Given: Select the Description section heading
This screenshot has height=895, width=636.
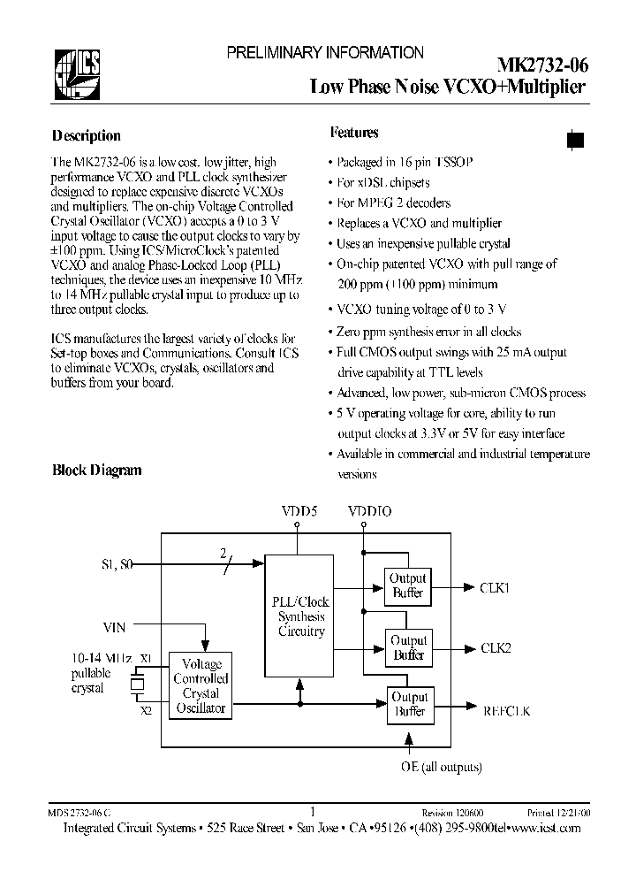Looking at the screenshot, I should tap(86, 136).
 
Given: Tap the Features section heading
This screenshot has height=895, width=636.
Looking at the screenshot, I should tap(354, 133).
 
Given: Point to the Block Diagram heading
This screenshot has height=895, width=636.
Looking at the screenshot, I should tap(96, 470).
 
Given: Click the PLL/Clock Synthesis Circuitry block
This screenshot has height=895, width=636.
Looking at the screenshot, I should tap(300, 616).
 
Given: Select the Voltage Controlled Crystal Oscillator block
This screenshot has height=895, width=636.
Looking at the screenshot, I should tap(201, 686).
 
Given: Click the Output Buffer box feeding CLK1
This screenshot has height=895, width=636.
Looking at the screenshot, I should tap(408, 585).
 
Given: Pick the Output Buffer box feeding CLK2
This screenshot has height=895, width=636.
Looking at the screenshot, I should tap(408, 647).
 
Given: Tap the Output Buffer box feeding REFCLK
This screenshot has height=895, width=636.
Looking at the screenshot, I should tap(408, 704).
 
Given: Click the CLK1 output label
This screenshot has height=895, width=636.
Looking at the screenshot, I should tap(496, 585).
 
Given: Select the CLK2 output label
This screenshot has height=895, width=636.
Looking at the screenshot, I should tap(496, 647).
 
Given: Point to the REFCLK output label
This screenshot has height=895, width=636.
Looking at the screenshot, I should tap(506, 710).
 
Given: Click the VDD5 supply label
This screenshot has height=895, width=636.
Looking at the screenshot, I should tap(298, 511).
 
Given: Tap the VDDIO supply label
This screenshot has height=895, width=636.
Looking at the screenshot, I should tap(369, 511).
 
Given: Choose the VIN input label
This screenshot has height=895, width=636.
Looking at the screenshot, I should tap(114, 627).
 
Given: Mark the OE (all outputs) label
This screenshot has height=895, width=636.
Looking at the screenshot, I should tap(442, 767).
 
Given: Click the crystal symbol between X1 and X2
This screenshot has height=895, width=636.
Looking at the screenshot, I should tap(137, 684).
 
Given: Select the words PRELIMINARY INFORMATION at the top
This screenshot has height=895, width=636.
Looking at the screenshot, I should tap(325, 53).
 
